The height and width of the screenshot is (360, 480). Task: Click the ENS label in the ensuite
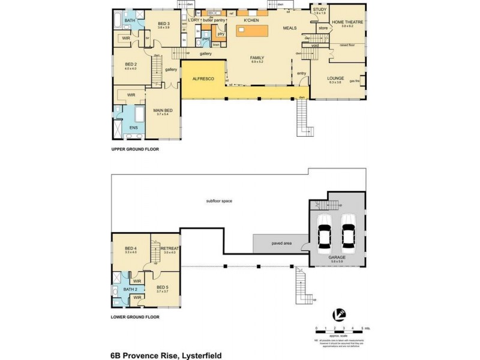(x=134, y=128)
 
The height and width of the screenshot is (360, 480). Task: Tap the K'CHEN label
(x=250, y=21)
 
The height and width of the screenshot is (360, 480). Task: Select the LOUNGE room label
(x=335, y=78)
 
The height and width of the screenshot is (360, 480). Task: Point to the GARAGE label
(x=336, y=255)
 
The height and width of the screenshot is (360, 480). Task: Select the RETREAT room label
(x=170, y=248)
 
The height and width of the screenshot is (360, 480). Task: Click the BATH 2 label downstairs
(x=131, y=289)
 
